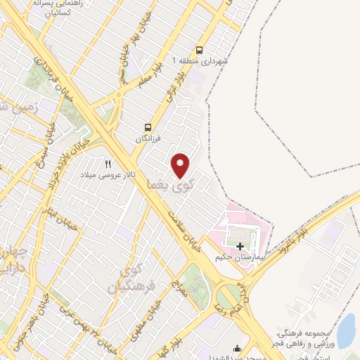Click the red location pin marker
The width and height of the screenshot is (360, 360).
(181, 165)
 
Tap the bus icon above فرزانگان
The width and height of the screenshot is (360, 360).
(148, 127)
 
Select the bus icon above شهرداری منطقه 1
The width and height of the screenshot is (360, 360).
(200, 50)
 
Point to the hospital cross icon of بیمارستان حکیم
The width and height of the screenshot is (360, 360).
(240, 246)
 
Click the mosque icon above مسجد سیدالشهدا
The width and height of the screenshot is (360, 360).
(236, 347)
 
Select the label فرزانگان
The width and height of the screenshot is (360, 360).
(148, 139)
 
